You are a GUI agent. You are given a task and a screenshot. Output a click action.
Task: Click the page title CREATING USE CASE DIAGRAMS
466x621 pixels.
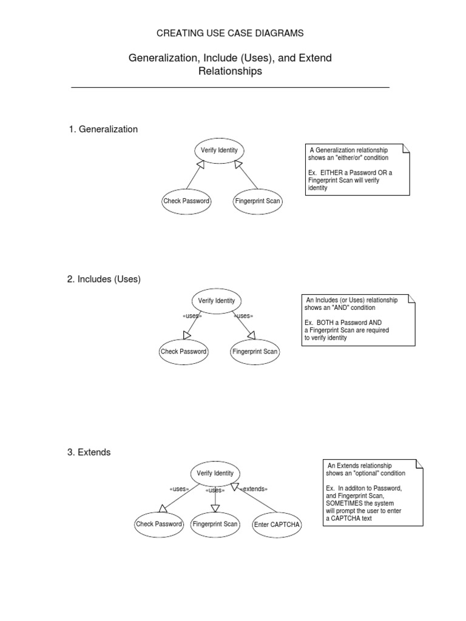[x=230, y=33]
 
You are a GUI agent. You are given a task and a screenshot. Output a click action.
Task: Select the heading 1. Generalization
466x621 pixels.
[x=103, y=129]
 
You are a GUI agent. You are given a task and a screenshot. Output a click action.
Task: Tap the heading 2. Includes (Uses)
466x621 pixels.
[x=104, y=279]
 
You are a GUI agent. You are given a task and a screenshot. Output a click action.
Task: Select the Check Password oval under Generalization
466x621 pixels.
[x=186, y=201]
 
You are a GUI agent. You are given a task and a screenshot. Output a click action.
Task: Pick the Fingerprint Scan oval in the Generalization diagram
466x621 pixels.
[x=257, y=201]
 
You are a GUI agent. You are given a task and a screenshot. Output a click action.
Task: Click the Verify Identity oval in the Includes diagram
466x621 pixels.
[x=217, y=301]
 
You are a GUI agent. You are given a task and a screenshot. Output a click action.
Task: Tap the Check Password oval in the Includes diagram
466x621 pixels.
[x=184, y=352]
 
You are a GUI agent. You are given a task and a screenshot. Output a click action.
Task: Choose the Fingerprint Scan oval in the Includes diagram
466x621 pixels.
[x=255, y=352]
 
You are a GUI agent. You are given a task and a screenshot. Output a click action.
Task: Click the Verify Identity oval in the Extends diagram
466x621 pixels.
[x=215, y=474]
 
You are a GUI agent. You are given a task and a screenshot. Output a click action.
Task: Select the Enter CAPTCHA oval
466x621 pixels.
[x=277, y=525]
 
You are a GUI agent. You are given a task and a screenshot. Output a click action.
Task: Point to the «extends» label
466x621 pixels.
[x=254, y=489]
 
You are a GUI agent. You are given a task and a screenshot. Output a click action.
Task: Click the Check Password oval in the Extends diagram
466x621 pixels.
[x=159, y=525]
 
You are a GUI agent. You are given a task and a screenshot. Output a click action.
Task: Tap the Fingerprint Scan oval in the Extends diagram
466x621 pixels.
[x=215, y=525]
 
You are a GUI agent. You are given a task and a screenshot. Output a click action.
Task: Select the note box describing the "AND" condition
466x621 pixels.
[x=358, y=320]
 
